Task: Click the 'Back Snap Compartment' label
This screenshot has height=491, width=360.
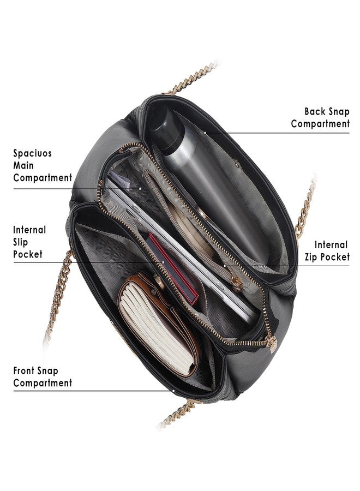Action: (x=320, y=117)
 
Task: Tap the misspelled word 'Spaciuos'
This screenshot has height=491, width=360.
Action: (x=32, y=153)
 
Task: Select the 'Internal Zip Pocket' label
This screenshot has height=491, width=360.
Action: (x=327, y=251)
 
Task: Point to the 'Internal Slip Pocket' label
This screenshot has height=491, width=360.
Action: (x=29, y=242)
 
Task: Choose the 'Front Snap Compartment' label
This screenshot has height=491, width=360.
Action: (x=43, y=376)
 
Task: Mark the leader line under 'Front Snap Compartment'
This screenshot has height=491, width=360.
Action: (x=93, y=391)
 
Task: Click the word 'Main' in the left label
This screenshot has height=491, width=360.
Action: (x=23, y=166)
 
